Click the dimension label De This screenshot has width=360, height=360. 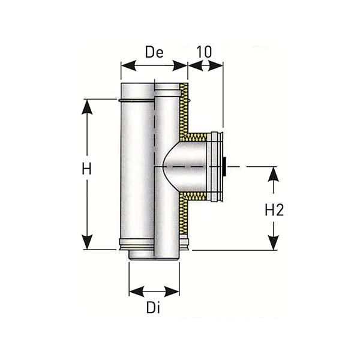coord(154,52)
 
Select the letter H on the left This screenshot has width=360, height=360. coord(88,170)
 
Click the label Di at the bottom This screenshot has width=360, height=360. coord(154,310)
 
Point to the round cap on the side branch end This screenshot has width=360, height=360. coord(215,165)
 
